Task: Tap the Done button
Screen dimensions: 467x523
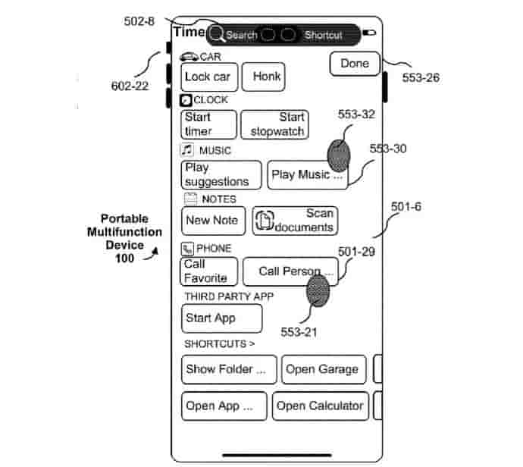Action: [x=354, y=64]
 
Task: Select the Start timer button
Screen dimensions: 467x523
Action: [x=208, y=124]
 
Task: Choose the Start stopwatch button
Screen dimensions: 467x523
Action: [x=274, y=124]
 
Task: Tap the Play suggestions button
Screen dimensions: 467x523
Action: [x=221, y=174]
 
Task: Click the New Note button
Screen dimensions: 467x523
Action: [x=213, y=221]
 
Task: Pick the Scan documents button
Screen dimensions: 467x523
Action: [x=295, y=221]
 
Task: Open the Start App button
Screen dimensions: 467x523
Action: [x=221, y=318]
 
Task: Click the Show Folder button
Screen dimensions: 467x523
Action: [x=228, y=370]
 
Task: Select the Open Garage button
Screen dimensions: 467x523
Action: [x=323, y=370]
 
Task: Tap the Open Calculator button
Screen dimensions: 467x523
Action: [x=320, y=406]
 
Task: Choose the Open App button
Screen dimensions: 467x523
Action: [x=224, y=406]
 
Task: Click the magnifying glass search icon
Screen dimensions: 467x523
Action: [x=217, y=35]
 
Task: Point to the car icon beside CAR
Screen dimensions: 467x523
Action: [x=189, y=57]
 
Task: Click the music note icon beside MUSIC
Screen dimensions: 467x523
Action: [x=187, y=149]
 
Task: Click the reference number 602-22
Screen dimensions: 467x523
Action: [x=130, y=86]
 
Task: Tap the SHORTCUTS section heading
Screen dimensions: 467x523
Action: [x=220, y=344]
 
